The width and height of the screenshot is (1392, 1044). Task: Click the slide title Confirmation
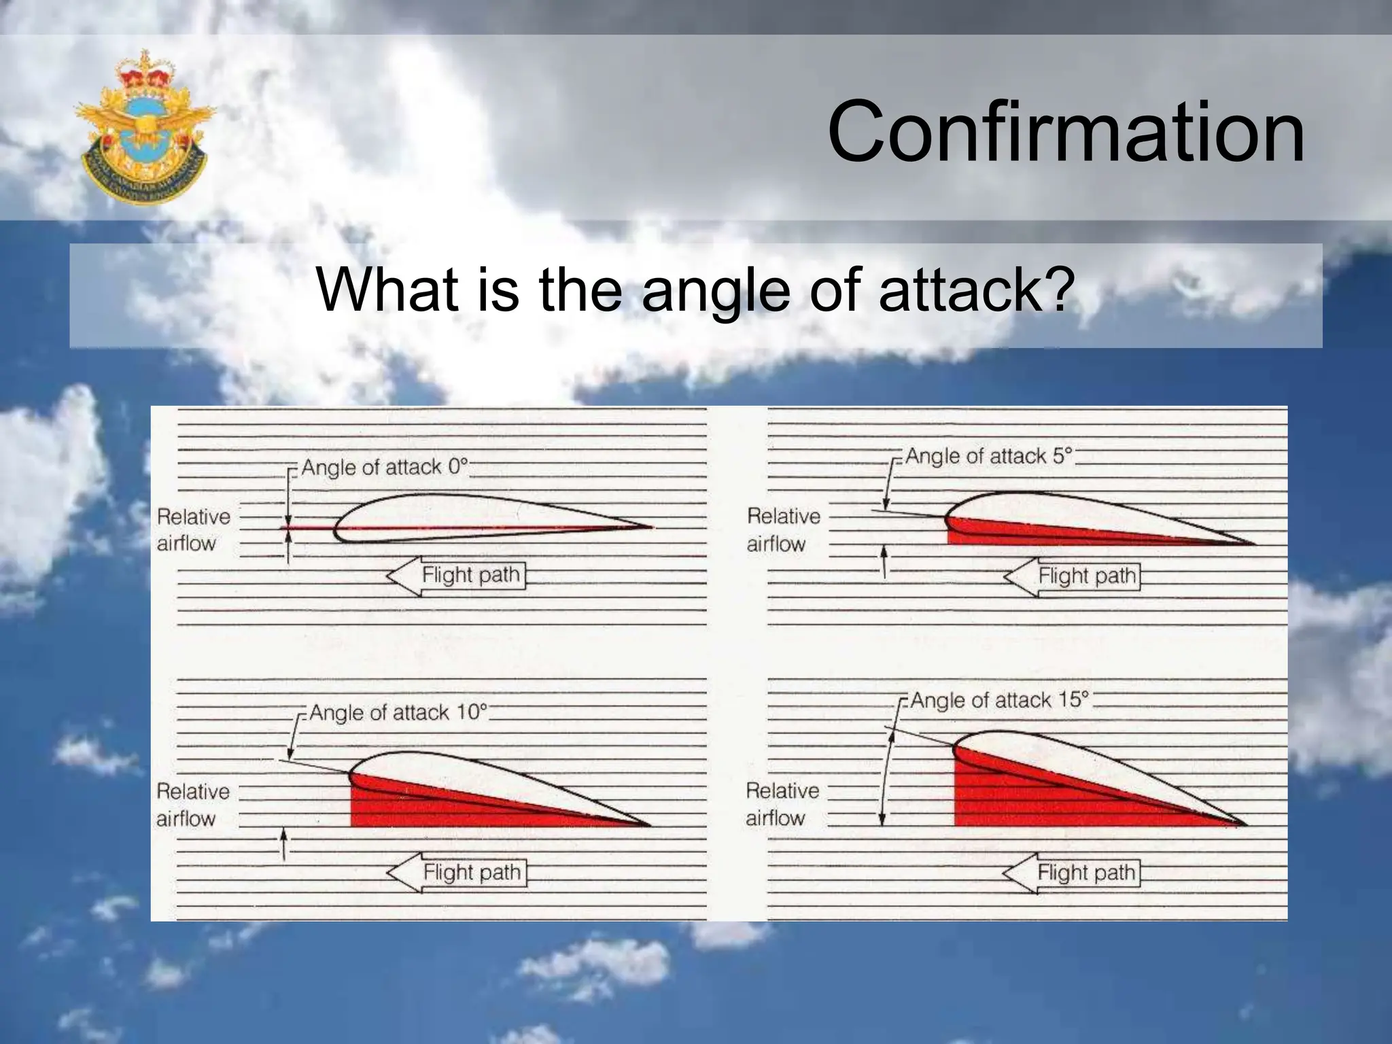tap(1065, 132)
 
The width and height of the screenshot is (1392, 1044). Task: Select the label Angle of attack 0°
tap(385, 468)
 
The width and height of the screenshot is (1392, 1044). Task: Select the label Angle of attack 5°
tap(988, 456)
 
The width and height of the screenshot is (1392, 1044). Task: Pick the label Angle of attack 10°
tap(398, 712)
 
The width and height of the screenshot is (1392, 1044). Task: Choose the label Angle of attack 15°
tap(999, 700)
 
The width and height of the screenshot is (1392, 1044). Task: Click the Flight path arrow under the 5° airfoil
tap(1073, 576)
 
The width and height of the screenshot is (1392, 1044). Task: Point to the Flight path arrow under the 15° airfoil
tap(1072, 872)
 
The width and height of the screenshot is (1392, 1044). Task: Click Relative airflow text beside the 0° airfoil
tap(192, 529)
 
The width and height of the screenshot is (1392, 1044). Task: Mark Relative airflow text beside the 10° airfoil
tap(192, 804)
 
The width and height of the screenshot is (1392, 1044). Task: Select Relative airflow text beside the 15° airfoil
tap(782, 803)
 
